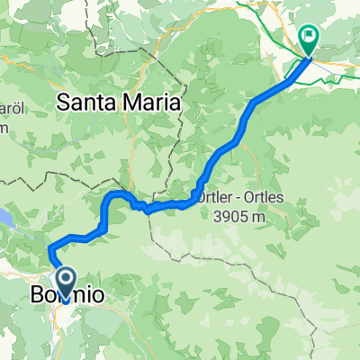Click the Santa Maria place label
pos(118,103)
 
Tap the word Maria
pos(151,103)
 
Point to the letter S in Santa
pos(62,103)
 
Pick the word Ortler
pos(211,197)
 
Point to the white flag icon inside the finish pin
pos(309,38)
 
